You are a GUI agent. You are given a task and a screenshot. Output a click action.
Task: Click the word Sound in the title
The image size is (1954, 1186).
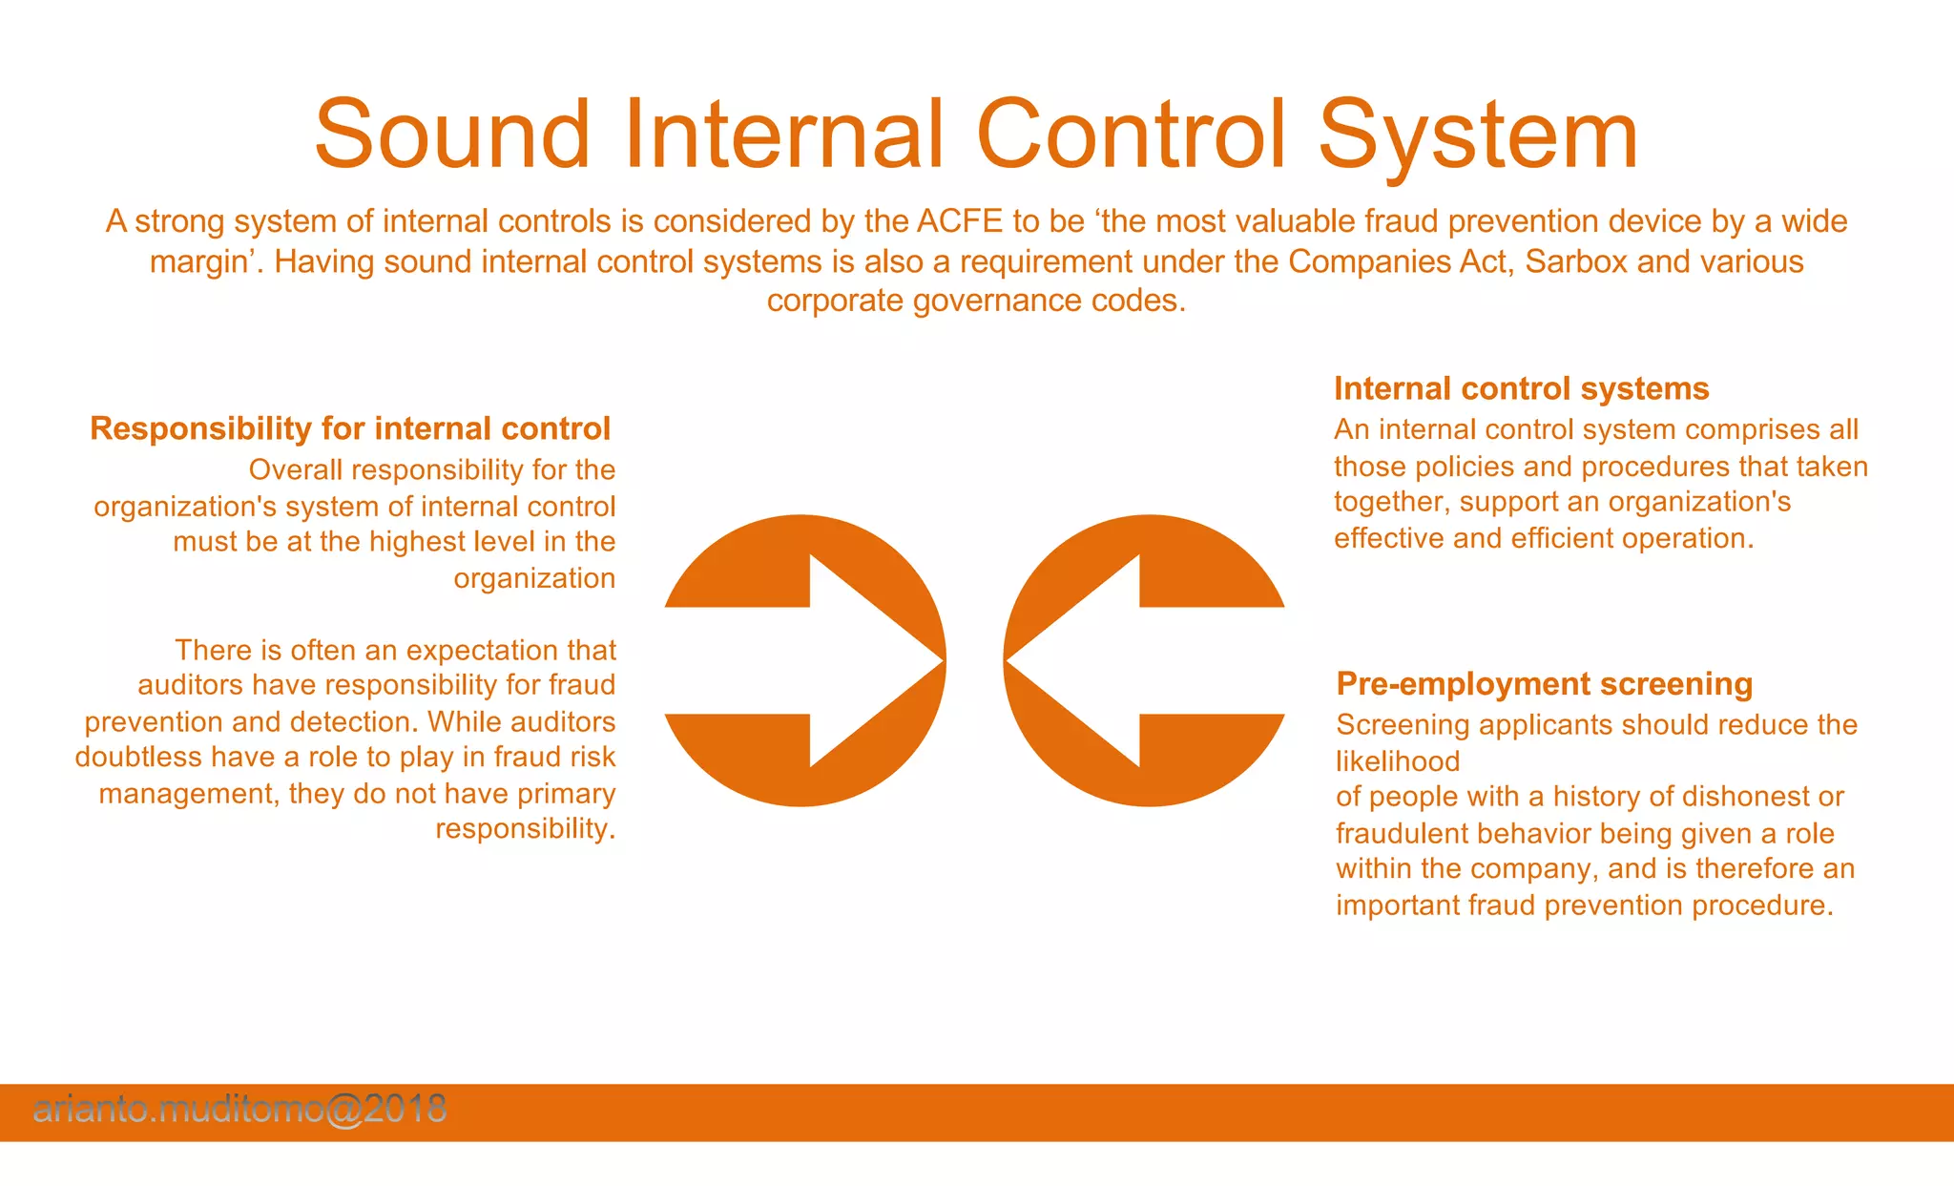point(452,135)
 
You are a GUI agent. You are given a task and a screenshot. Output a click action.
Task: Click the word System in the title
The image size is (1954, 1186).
point(1478,135)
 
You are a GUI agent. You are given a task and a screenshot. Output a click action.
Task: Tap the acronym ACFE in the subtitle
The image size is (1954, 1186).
point(959,221)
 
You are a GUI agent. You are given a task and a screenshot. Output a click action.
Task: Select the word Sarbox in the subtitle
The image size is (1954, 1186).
point(1576,261)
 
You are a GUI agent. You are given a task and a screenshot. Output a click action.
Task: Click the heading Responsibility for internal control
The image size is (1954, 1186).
point(350,429)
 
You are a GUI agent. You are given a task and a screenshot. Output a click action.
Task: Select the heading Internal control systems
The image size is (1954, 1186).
point(1521,389)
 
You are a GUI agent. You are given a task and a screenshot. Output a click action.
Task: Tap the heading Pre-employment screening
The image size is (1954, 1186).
point(1544,684)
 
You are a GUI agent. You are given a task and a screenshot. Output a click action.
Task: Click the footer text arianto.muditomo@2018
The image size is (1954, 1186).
point(239,1109)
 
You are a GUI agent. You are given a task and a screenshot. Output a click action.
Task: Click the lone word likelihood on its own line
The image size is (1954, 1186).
point(1398,761)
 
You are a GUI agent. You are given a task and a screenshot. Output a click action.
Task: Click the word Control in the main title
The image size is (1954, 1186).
point(1132,135)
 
